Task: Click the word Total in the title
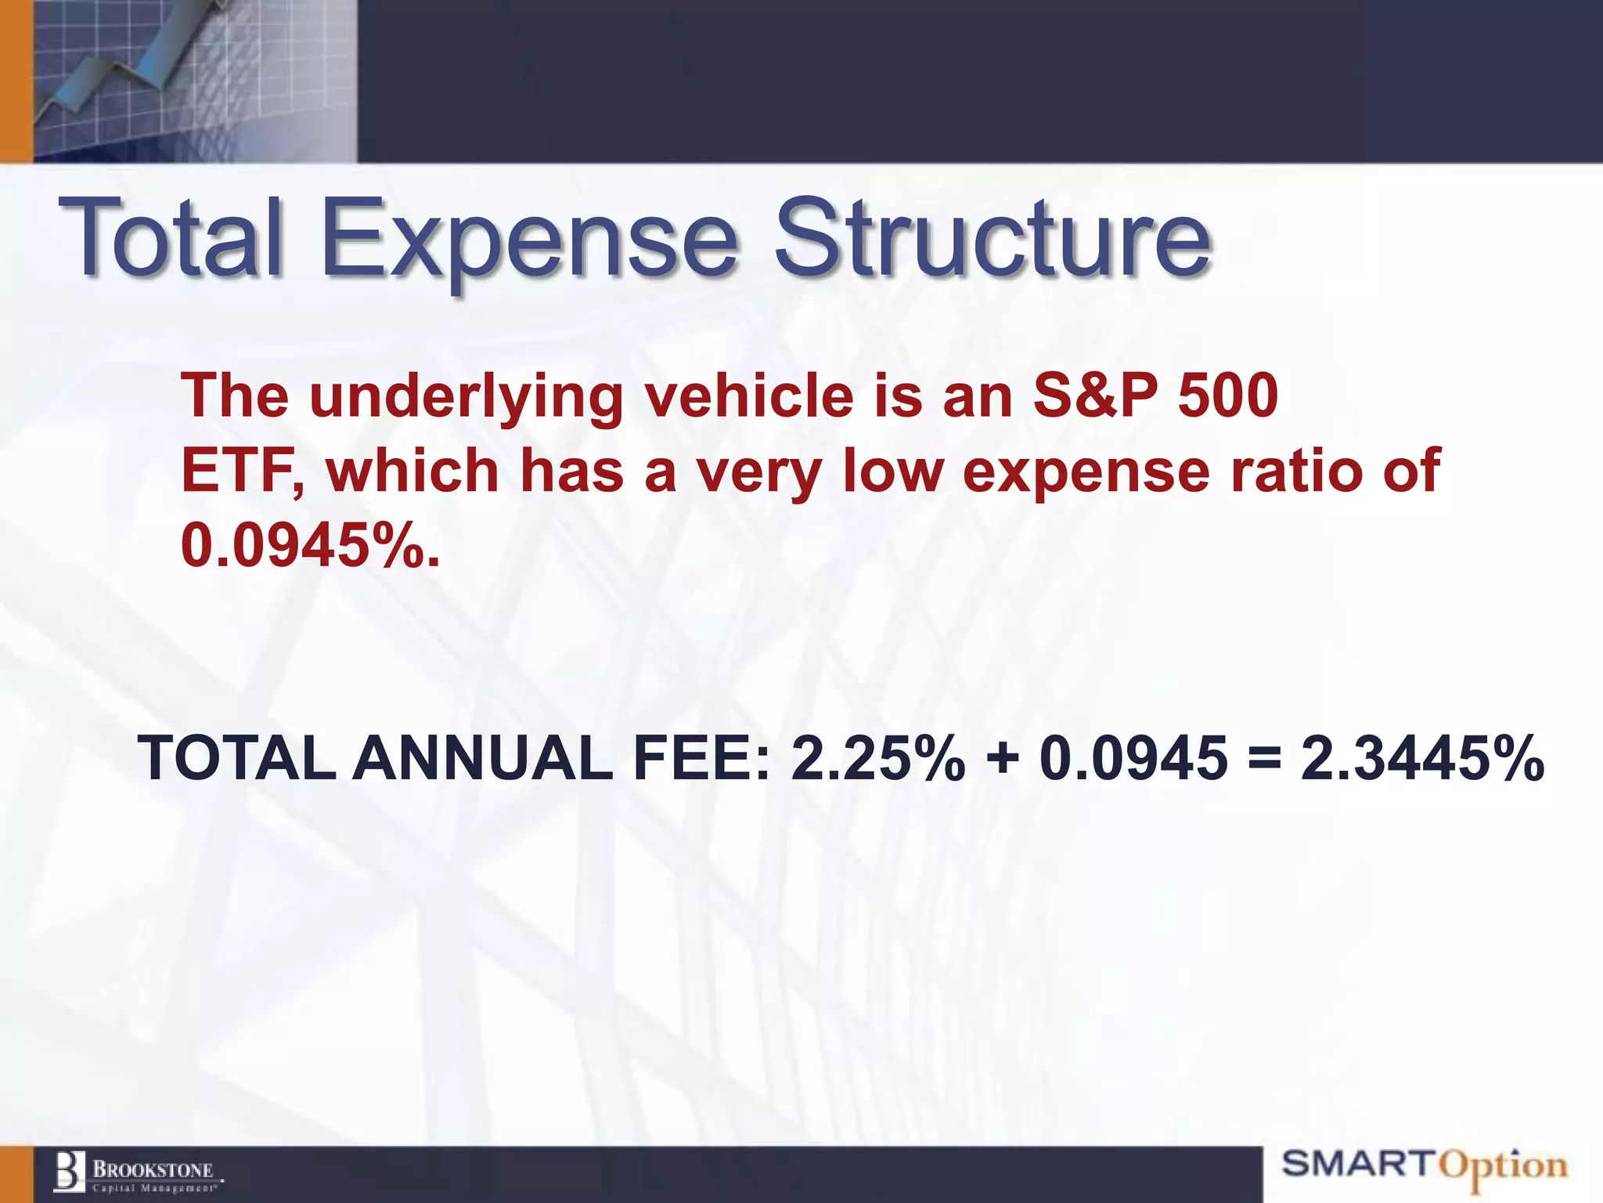pyautogui.click(x=170, y=237)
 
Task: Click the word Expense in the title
pyautogui.click(x=529, y=237)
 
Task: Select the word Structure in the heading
pyautogui.click(x=992, y=237)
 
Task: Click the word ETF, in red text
pyautogui.click(x=242, y=471)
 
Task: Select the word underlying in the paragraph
pyautogui.click(x=466, y=396)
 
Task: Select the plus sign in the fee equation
pyautogui.click(x=1003, y=759)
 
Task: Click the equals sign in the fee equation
pyautogui.click(x=1265, y=759)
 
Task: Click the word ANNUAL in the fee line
pyautogui.click(x=483, y=759)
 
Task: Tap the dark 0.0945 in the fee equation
pyautogui.click(x=1133, y=759)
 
